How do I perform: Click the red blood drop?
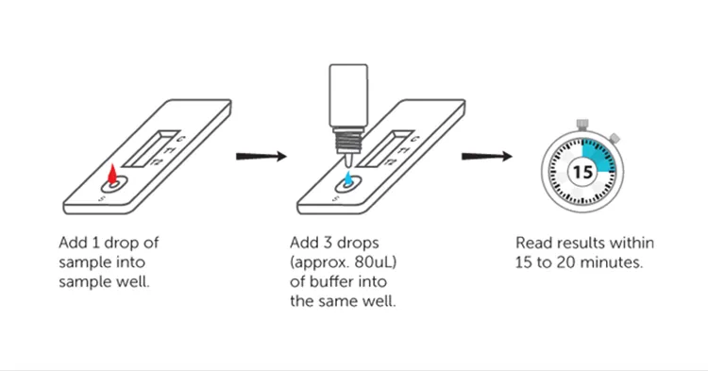point(112,175)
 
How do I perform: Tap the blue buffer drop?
point(348,177)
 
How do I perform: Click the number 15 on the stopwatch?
point(582,172)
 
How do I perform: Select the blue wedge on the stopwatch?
point(597,156)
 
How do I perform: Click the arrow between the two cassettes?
point(261,156)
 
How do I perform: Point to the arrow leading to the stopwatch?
point(487,156)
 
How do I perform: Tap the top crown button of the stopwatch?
point(582,124)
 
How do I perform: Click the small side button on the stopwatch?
point(614,138)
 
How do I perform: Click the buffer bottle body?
point(348,95)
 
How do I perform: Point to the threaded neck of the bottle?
point(348,141)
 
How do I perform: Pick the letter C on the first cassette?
point(181,139)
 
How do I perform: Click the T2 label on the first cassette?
point(156,161)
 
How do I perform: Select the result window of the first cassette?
point(151,148)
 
